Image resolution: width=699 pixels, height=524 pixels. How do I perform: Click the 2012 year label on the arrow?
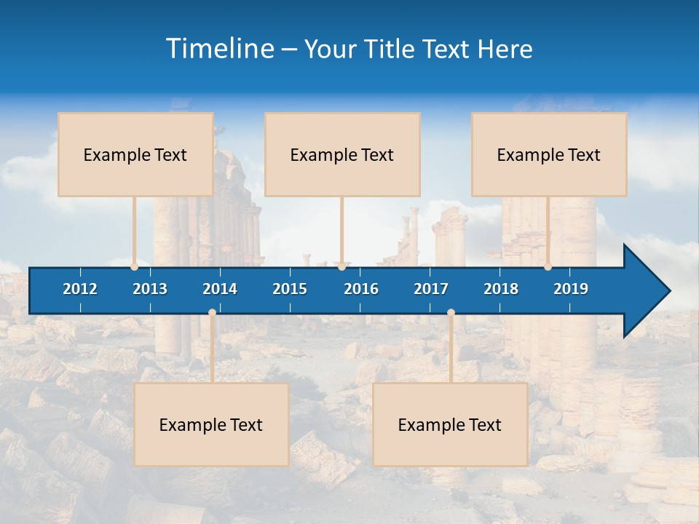click(x=80, y=289)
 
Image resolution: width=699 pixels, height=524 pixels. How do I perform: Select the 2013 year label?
click(x=150, y=289)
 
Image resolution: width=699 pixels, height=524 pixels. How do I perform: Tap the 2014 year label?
click(x=220, y=289)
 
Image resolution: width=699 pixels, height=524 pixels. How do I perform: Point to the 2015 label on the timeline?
click(x=290, y=289)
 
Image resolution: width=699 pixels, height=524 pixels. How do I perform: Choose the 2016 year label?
click(x=361, y=289)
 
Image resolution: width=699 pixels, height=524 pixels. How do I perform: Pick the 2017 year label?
click(x=431, y=289)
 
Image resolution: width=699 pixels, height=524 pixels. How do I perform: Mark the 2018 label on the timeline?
click(x=501, y=289)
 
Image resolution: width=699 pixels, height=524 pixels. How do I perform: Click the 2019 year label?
click(x=571, y=289)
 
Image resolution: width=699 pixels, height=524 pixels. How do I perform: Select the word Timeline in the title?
click(x=219, y=49)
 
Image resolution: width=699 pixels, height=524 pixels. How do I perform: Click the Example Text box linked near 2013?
click(x=135, y=154)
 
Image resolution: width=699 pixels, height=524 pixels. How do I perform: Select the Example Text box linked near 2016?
click(x=342, y=154)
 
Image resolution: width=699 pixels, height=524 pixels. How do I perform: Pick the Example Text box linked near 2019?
click(x=549, y=154)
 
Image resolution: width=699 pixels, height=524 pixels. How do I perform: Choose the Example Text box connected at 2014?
click(x=211, y=424)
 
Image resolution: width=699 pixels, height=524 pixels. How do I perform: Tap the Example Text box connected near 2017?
click(x=450, y=424)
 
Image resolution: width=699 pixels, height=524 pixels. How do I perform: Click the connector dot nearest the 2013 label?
click(x=135, y=267)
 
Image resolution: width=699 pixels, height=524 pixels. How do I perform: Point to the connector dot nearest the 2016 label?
click(x=341, y=267)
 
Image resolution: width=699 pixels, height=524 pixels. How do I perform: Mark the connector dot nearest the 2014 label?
click(x=212, y=313)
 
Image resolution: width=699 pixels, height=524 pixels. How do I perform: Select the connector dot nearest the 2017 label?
click(x=451, y=313)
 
